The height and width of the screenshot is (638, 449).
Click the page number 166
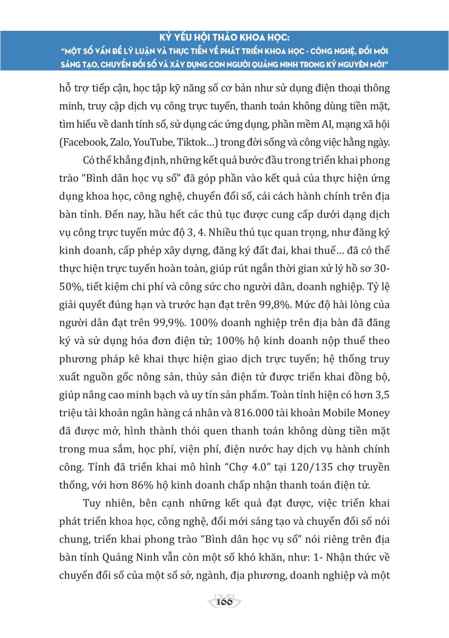(x=225, y=602)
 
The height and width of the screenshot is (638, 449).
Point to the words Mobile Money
(x=357, y=413)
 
